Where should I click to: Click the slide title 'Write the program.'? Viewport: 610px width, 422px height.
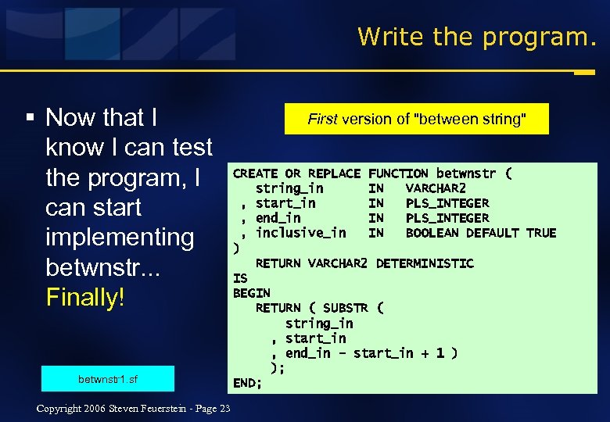476,36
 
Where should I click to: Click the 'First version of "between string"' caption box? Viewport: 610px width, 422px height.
417,119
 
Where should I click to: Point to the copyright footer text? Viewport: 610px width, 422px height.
133,409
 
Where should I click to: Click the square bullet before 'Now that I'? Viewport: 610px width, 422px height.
30,118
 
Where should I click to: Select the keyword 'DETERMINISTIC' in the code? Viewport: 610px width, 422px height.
425,263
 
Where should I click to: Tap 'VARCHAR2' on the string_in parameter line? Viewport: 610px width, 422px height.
436,188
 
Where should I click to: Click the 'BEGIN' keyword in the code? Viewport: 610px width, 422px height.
252,293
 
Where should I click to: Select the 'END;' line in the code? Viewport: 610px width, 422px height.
248,383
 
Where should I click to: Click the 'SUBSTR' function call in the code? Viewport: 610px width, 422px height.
345,308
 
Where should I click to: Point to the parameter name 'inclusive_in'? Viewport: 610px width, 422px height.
300,233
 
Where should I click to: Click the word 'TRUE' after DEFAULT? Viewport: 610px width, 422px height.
541,233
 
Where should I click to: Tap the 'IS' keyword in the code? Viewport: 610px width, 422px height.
240,278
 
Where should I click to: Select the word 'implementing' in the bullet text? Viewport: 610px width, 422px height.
120,237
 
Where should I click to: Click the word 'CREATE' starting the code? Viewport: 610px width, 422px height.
255,173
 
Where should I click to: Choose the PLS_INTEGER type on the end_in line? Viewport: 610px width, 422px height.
447,218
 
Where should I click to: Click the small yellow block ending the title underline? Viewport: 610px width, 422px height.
583,73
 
